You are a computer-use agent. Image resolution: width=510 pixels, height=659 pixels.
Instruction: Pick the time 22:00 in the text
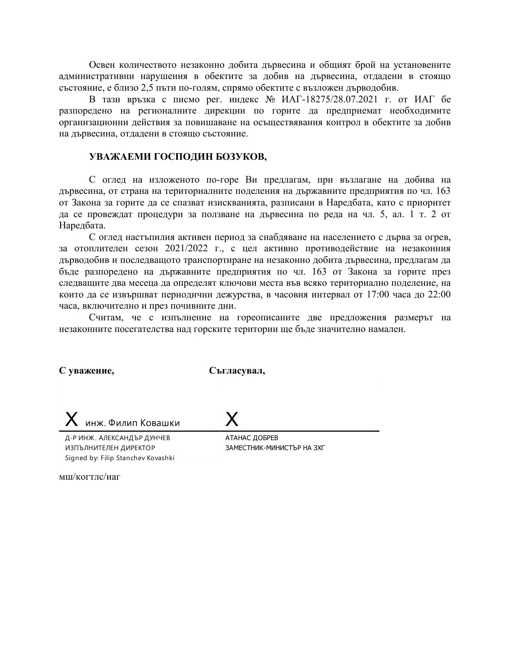point(440,295)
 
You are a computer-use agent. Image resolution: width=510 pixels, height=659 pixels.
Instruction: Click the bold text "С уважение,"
point(87,371)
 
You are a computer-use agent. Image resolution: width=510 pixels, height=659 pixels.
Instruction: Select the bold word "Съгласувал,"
point(237,371)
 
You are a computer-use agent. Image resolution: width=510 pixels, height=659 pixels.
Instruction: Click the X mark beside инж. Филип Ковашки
point(72,419)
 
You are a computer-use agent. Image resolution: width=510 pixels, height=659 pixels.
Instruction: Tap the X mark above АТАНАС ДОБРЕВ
point(232,419)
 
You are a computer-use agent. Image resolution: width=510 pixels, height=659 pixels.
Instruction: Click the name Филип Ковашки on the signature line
point(144,423)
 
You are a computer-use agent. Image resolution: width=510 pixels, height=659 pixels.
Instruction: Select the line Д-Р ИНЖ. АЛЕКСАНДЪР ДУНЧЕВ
point(117,438)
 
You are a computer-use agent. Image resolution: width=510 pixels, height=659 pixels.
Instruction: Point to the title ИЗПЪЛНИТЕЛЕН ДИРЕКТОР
point(110,448)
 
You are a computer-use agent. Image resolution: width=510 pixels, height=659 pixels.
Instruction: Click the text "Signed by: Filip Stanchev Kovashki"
point(120,458)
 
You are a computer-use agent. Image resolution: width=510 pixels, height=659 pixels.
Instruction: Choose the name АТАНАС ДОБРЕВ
point(252,438)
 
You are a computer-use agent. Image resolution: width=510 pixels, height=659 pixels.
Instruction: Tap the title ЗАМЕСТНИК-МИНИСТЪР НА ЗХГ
point(275,448)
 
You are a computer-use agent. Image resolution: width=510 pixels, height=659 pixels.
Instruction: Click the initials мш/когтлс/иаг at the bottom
point(90,477)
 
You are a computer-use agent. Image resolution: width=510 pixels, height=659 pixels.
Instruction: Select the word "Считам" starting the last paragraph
point(106,318)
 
